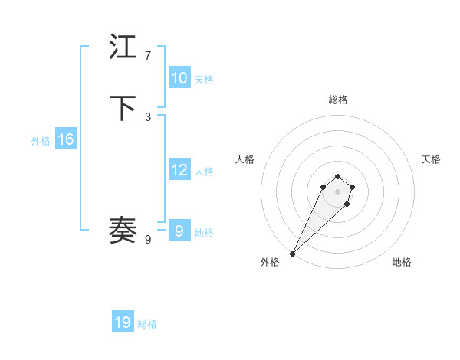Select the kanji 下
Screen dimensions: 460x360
124,108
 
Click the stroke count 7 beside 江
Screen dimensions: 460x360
148,56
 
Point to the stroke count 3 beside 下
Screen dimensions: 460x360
148,116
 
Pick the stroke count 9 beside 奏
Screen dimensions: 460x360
148,240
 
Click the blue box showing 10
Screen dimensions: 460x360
179,78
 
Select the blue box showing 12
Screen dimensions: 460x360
179,170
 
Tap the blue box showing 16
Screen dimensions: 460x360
65,139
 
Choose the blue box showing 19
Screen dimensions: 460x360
123,322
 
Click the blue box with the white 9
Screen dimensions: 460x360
179,231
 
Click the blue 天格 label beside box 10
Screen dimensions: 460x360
204,80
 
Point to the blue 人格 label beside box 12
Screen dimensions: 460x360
204,172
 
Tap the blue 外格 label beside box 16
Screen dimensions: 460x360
41,141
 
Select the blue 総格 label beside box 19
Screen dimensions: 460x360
147,324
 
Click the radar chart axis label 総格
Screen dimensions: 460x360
337,100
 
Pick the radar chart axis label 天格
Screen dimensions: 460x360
431,159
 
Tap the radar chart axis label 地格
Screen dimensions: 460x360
402,262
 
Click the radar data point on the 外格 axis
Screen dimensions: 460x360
293,253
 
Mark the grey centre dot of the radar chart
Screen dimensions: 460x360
337,191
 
